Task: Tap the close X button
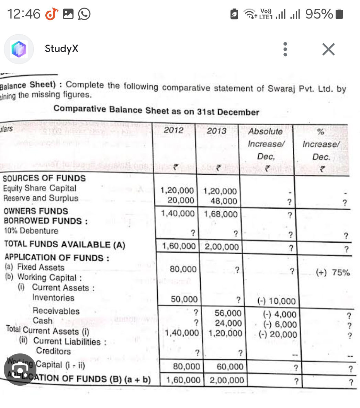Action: pos(328,49)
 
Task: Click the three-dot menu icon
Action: pos(285,49)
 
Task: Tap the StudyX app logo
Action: pos(19,49)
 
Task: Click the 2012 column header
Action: pos(173,130)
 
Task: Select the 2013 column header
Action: pos(216,131)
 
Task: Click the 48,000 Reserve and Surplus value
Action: pos(223,201)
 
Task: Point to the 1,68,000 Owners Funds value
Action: pos(221,214)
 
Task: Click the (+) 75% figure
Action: pos(333,273)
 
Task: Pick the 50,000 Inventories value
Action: pos(184,299)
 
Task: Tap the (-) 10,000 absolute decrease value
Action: pos(277,301)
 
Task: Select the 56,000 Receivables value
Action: pos(228,313)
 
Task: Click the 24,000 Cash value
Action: pos(228,323)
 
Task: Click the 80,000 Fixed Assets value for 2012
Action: pos(183,269)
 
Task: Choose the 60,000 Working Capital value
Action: pos(230,367)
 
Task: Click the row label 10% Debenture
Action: pos(31,231)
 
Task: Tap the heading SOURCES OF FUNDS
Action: pos(44,178)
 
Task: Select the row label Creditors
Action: pos(53,351)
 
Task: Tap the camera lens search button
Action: pos(20,370)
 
